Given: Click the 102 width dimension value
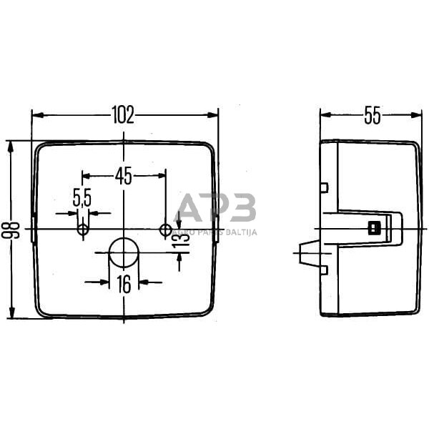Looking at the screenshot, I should pyautogui.click(x=124, y=115).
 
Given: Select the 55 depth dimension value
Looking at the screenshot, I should pyautogui.click(x=372, y=115).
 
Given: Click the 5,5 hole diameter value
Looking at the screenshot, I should pyautogui.click(x=82, y=198).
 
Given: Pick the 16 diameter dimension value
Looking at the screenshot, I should pyautogui.click(x=124, y=284).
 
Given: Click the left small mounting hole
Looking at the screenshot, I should pyautogui.click(x=83, y=230).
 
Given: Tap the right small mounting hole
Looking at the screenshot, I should pyautogui.click(x=166, y=230).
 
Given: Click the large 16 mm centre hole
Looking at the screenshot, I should pyautogui.click(x=124, y=253).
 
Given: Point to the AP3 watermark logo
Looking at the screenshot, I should pyautogui.click(x=215, y=209).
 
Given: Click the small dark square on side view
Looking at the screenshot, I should pyautogui.click(x=372, y=229).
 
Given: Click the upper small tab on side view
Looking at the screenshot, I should pyautogui.click(x=324, y=188).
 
